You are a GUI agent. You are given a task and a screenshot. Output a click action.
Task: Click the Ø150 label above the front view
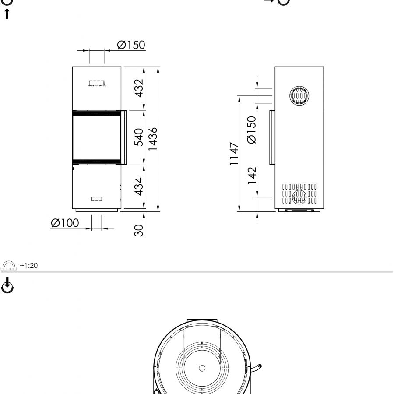[x=131, y=45]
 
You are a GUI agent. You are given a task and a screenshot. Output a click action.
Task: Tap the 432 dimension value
[x=139, y=88]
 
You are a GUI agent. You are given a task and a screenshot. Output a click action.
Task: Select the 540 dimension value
[x=139, y=137]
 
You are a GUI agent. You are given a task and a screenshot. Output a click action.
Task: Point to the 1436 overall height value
[x=153, y=139]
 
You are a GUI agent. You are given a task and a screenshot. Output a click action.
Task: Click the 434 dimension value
[x=139, y=186]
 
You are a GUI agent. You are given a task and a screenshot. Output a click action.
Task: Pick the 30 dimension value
[x=139, y=230]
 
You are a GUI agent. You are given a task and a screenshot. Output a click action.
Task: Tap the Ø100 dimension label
[x=65, y=223]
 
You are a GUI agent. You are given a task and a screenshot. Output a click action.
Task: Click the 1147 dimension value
[x=234, y=154]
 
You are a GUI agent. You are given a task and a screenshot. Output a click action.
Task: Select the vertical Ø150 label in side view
[x=252, y=130]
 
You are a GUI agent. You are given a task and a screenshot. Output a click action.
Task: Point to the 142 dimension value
[x=252, y=176]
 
